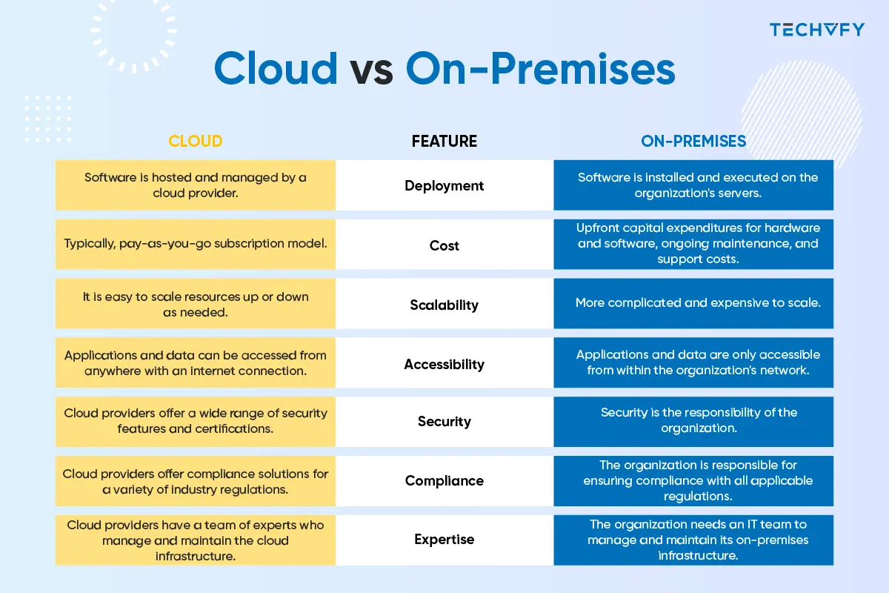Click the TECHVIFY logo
click(816, 30)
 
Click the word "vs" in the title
click(371, 70)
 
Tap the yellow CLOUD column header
click(196, 142)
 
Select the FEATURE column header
click(444, 142)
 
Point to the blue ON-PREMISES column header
click(693, 142)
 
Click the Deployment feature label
click(444, 185)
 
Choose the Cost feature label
click(444, 245)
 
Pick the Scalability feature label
click(444, 305)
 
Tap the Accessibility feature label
click(444, 364)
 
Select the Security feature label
click(444, 421)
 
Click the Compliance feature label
click(444, 480)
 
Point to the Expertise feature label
click(444, 540)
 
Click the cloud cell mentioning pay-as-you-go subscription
click(196, 245)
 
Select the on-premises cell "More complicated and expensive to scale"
click(693, 303)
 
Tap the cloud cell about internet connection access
click(196, 362)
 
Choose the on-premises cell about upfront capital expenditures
click(693, 245)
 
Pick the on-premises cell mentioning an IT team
click(693, 540)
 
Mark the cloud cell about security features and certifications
click(196, 422)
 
